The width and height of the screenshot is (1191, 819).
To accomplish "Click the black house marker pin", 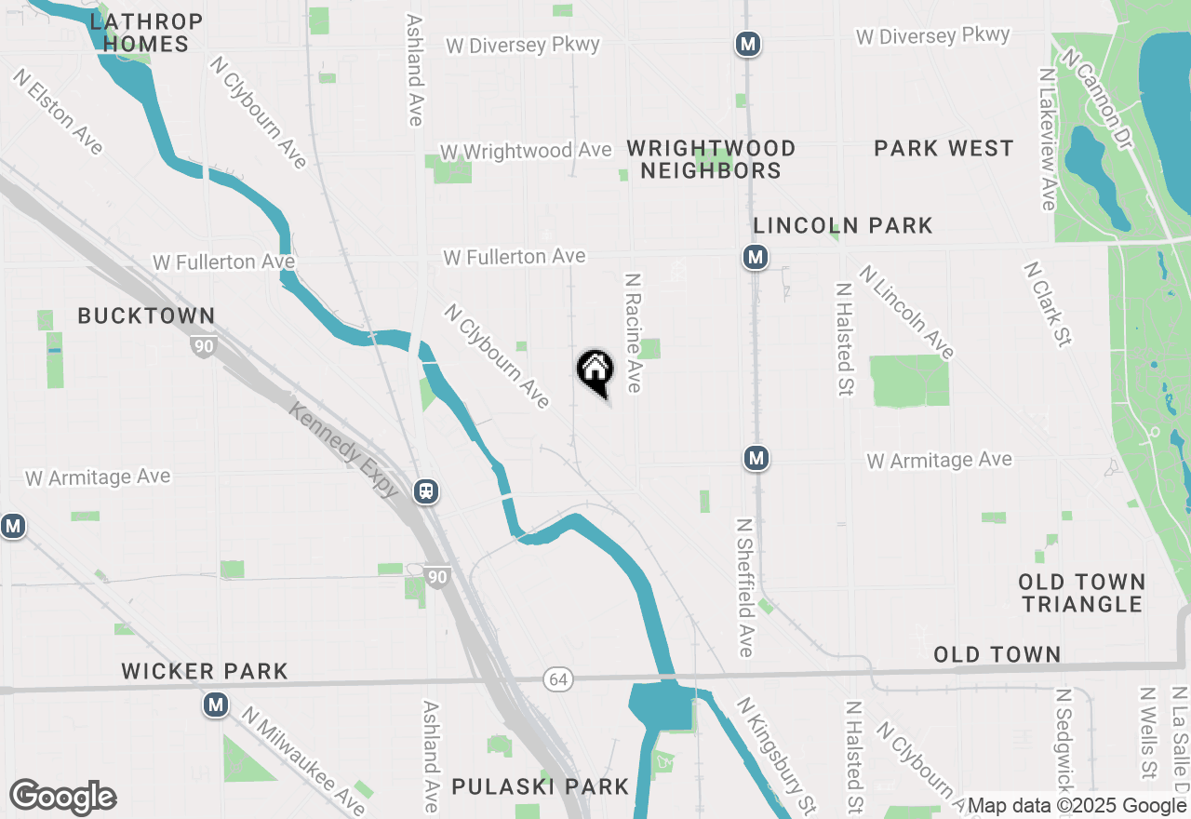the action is pos(595,371).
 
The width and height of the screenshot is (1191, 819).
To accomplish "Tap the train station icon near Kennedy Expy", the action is pos(427,490).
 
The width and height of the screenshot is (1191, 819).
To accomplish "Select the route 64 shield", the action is pos(558,680).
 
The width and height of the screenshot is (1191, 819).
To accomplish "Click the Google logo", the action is pos(63,798).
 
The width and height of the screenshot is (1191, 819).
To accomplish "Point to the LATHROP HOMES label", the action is pos(147,33).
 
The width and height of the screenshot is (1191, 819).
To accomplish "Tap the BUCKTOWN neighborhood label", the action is pos(146,316).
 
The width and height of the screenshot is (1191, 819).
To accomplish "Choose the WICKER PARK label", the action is pos(205,671).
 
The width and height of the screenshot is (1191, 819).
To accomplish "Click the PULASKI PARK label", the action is pos(541,786).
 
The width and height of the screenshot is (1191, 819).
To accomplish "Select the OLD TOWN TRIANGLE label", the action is pos(1081,593).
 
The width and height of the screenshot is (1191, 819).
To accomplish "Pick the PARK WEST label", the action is pos(943,149).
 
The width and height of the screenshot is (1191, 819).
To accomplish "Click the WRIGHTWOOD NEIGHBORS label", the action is pos(711,159).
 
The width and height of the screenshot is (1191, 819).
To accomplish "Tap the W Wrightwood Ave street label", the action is pos(526,151).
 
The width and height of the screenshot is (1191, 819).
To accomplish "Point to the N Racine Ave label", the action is pos(634,332).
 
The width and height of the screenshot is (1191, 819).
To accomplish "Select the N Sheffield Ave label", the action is pos(745,588).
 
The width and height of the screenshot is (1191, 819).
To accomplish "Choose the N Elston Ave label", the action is pos(58,112).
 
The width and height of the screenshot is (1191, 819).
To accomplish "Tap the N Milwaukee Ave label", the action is pos(305,759).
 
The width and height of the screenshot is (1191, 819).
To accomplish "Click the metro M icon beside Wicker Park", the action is pos(216,705).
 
